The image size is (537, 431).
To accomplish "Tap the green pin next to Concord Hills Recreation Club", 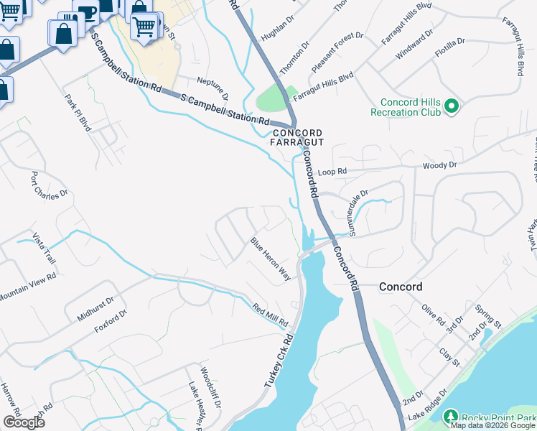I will point(452,107).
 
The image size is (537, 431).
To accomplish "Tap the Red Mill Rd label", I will point(270,315).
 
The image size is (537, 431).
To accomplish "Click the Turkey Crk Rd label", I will point(279,361).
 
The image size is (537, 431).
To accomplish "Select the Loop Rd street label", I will point(332,172).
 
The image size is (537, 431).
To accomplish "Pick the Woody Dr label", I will point(439,166).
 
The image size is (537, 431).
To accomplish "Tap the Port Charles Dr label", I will point(48,184).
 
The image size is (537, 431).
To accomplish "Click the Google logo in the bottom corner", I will point(24,422).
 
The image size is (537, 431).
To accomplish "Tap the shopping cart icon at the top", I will point(144,27).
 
